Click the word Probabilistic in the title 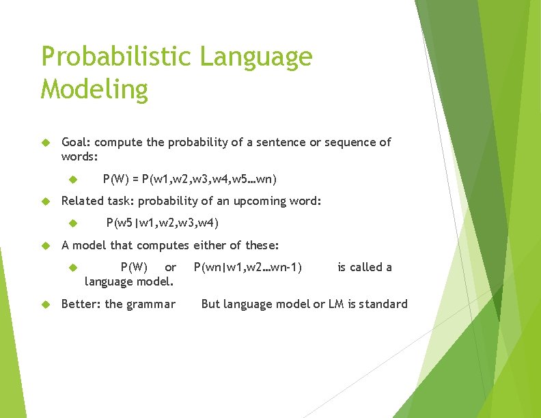click(x=117, y=57)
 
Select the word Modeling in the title click(x=94, y=89)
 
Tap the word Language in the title click(x=256, y=57)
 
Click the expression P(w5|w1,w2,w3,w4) click(x=163, y=222)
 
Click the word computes click(x=163, y=245)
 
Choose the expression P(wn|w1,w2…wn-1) click(x=248, y=266)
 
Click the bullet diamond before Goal click(x=46, y=143)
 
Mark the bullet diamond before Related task click(x=46, y=201)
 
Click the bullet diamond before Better click(x=46, y=305)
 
